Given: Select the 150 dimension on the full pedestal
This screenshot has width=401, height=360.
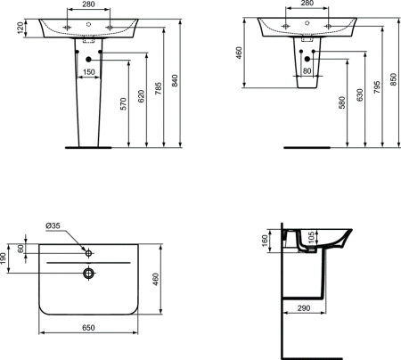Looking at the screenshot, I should (89, 72).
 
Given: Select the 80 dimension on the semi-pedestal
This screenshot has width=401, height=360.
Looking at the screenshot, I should (307, 72).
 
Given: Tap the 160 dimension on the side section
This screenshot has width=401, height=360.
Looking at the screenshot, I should (264, 241).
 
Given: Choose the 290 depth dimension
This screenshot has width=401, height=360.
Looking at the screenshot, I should (304, 307).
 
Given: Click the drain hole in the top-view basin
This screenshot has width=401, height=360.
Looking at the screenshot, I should (89, 273).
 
